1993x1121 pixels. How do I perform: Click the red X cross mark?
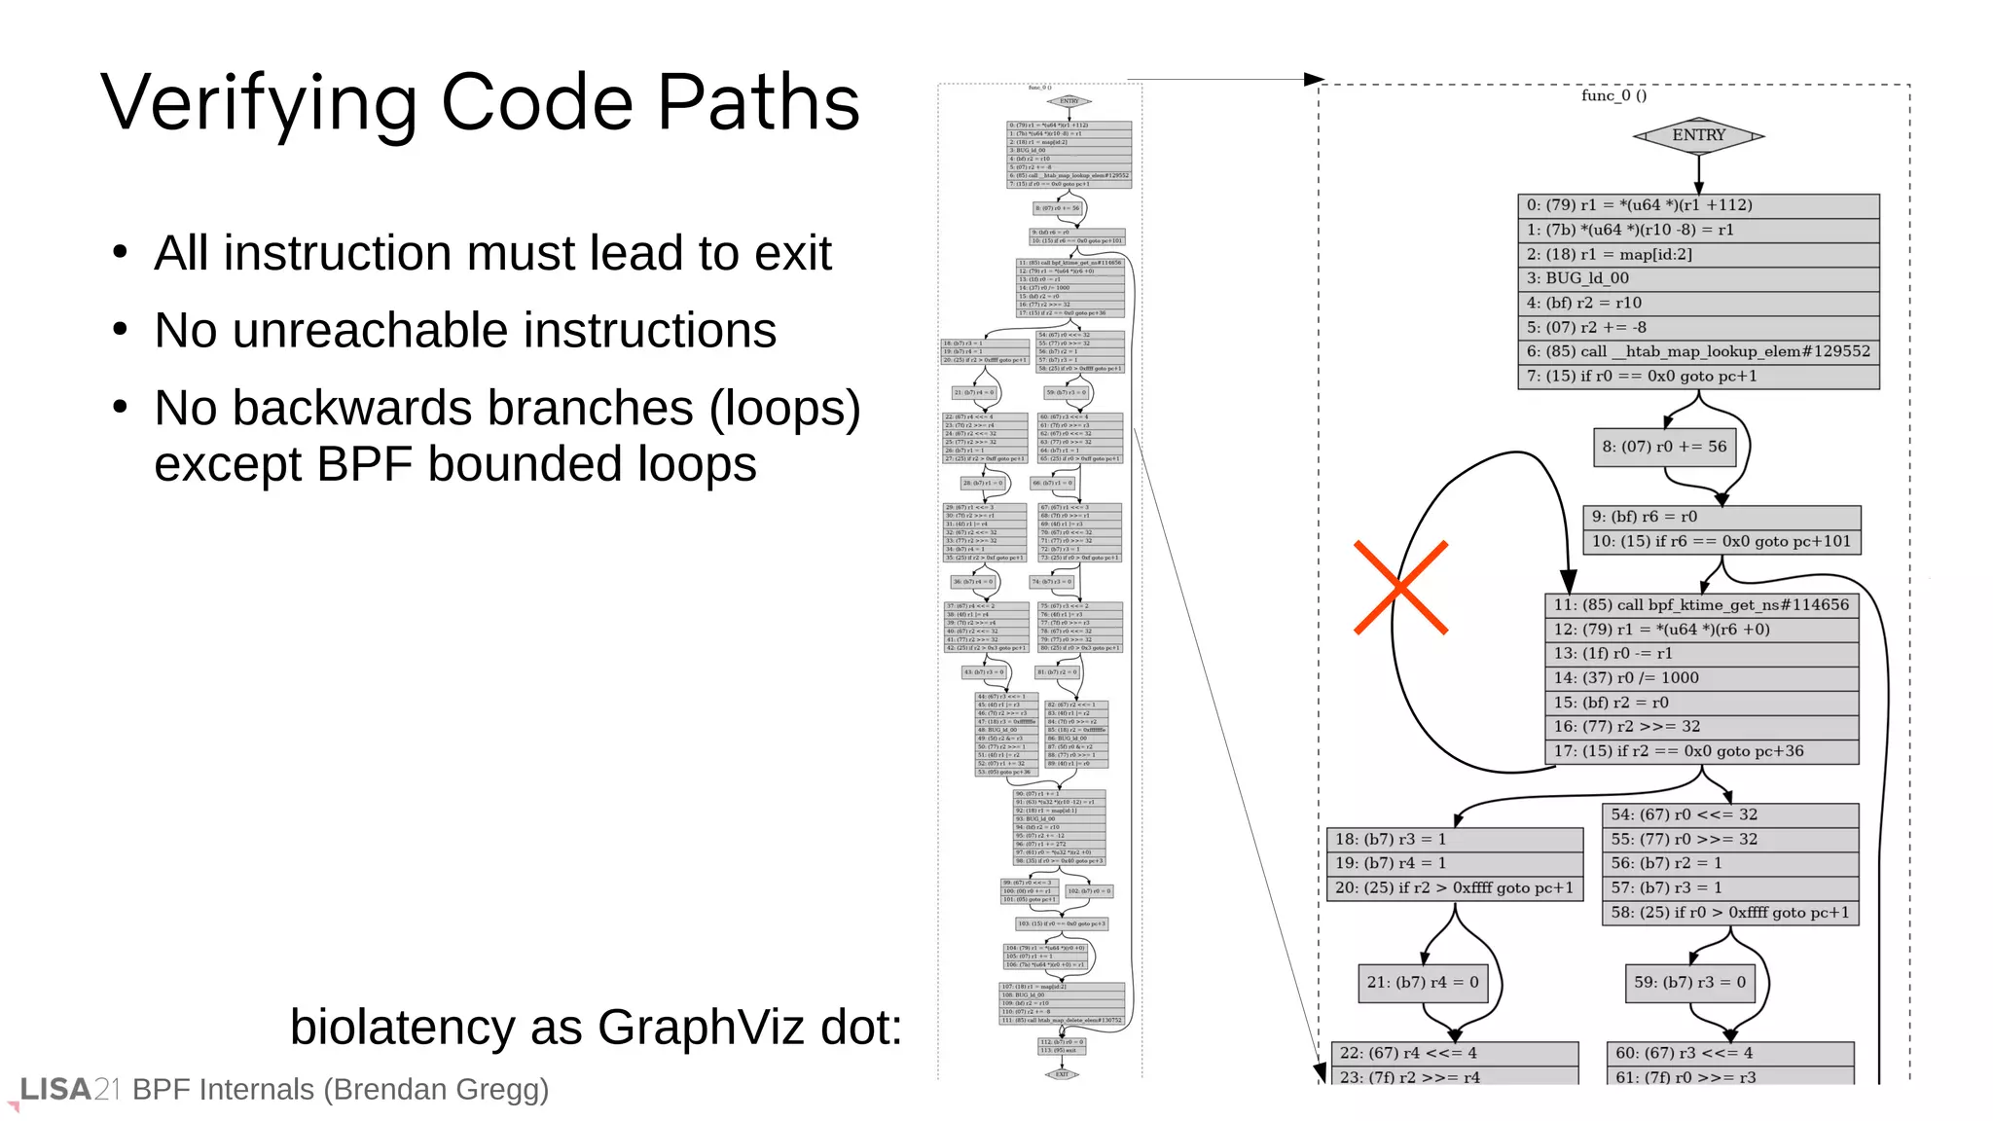pyautogui.click(x=1400, y=588)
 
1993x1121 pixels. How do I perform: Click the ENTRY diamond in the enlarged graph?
pyautogui.click(x=1698, y=135)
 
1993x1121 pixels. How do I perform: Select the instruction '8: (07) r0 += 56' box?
pyautogui.click(x=1664, y=447)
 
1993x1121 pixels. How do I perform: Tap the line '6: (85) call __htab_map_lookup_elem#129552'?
pyautogui.click(x=1698, y=351)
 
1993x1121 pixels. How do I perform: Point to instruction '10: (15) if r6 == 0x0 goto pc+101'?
pyautogui.click(x=1721, y=541)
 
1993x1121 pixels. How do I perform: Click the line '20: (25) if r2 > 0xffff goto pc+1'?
pyautogui.click(x=1454, y=887)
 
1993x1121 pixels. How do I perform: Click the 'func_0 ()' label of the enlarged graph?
pyautogui.click(x=1613, y=95)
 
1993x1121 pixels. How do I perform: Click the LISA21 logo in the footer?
pyautogui.click(x=68, y=1090)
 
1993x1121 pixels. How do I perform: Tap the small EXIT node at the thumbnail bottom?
pyautogui.click(x=1062, y=1074)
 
